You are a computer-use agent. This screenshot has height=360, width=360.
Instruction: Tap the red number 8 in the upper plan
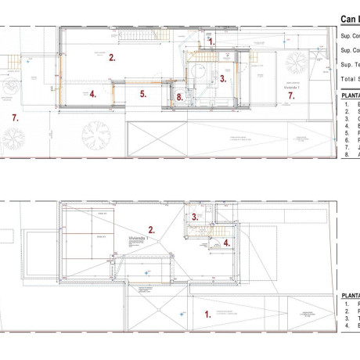[x=179, y=98]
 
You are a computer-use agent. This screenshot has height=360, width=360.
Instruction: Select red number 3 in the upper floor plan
[x=222, y=78]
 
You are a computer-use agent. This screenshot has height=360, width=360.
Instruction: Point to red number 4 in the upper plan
[x=92, y=94]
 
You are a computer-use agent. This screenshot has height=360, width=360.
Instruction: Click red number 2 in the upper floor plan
[x=112, y=57]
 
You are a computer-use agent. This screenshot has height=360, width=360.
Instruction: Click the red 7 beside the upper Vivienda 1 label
[x=290, y=95]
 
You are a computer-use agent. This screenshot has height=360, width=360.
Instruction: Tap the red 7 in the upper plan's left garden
[x=14, y=117]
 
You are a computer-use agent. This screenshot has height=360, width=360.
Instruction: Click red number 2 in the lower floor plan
[x=152, y=229]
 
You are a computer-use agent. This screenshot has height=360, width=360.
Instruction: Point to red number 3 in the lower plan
[x=194, y=216]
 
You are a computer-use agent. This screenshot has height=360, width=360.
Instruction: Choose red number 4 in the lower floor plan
[x=226, y=243]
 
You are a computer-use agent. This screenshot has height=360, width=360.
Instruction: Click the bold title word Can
[x=349, y=19]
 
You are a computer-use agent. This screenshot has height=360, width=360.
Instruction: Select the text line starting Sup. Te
[x=350, y=65]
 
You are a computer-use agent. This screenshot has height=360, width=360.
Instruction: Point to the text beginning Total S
[x=350, y=79]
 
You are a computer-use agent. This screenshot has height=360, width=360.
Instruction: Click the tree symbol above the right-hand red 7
[x=297, y=63]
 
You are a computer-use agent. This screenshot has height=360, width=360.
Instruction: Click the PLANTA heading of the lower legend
[x=350, y=295]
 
